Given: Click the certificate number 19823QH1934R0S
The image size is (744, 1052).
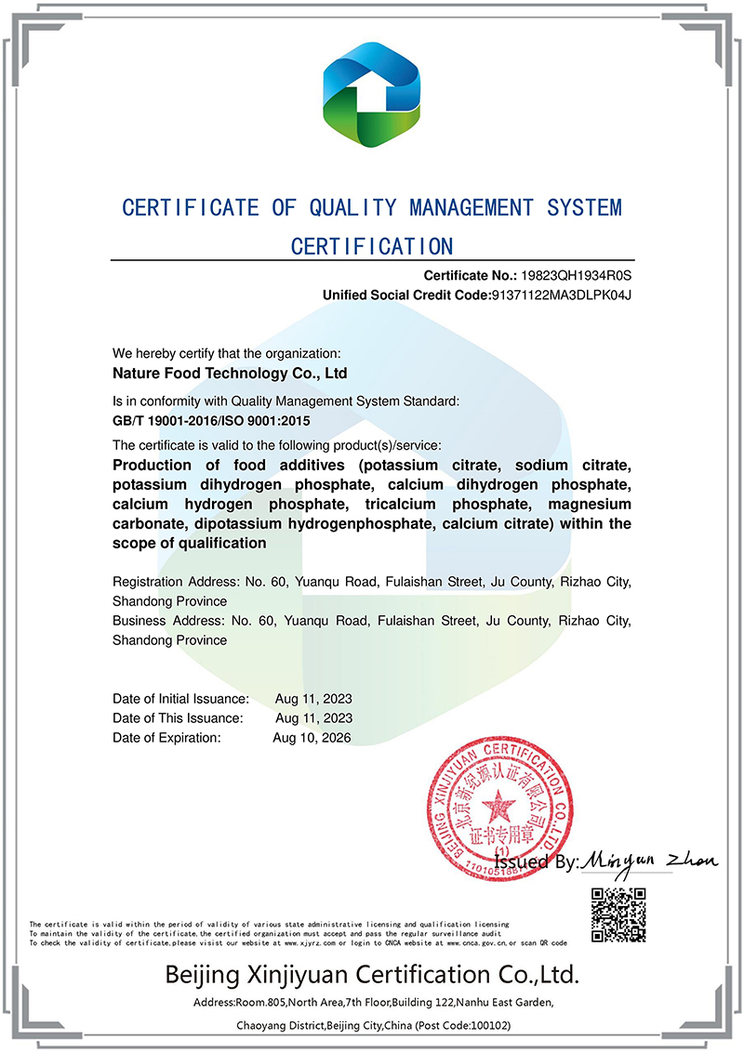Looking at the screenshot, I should tap(578, 275).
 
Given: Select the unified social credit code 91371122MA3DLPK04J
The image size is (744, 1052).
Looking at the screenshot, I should tap(561, 296).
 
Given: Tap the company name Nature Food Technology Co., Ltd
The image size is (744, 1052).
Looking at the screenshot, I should tap(230, 374).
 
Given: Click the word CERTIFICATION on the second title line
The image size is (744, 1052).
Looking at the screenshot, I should tap(372, 246).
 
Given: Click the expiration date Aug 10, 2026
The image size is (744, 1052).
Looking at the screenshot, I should tap(312, 738).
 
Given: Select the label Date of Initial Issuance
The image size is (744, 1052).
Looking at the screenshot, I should tap(180, 699).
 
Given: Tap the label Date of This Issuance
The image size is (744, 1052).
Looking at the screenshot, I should tap(178, 718).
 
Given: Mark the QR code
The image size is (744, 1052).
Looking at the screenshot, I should tap(619, 914).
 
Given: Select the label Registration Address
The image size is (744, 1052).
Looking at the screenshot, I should tap(174, 583).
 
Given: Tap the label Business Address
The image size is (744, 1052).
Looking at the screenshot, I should tap(167, 620).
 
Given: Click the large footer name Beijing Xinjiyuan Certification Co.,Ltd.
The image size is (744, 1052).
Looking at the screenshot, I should tap(372, 975).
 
